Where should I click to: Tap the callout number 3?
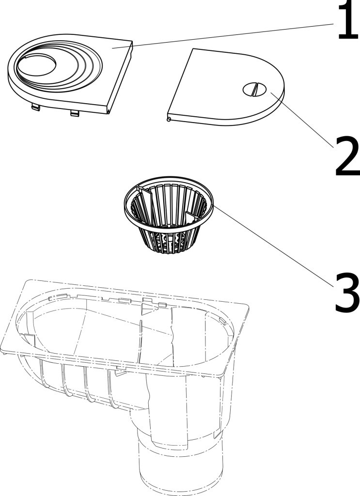(347, 294)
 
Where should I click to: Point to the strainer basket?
(169, 215)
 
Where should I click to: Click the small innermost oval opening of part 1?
(37, 65)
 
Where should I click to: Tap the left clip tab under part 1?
(35, 108)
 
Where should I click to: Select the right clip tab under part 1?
(75, 113)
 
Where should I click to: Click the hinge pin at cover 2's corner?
(169, 119)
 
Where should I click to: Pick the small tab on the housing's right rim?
(222, 322)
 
